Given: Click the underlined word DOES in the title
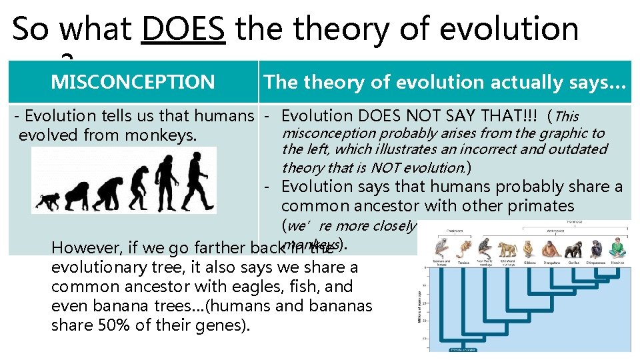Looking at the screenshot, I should pos(183,30).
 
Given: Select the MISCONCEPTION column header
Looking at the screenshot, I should pos(133,82).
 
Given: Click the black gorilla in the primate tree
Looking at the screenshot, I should pos(572,248).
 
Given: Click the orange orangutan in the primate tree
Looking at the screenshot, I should pos(550,249).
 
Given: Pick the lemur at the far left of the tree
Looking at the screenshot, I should pos(441,248).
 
